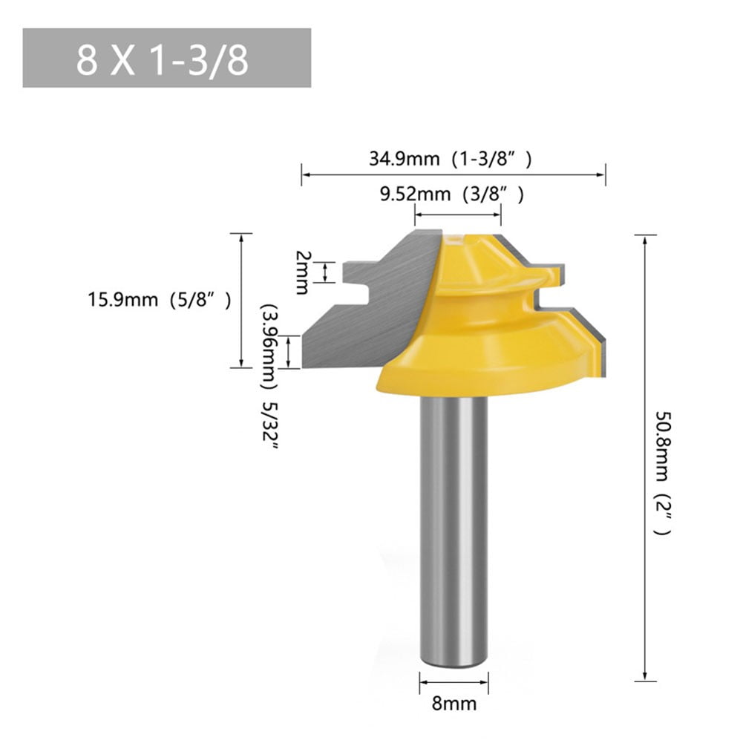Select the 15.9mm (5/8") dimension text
(x=160, y=300)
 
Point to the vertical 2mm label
(x=301, y=272)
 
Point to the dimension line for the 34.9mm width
(x=454, y=175)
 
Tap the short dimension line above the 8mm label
(x=455, y=681)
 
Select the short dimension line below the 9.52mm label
(x=457, y=215)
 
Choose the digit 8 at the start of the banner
(x=86, y=59)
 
